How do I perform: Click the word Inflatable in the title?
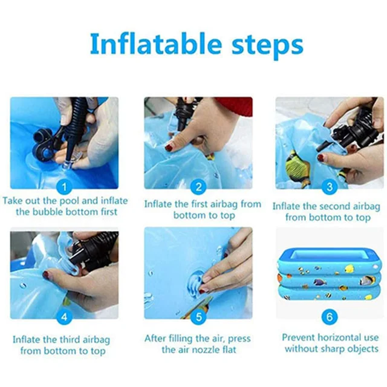pyautogui.click(x=156, y=44)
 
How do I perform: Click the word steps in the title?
pyautogui.click(x=267, y=46)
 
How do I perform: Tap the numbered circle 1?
pyautogui.click(x=64, y=187)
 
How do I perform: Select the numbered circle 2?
pyautogui.click(x=198, y=187)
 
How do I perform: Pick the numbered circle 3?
pyautogui.click(x=330, y=187)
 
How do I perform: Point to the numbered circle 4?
pyautogui.click(x=64, y=317)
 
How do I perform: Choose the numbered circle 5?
pyautogui.click(x=198, y=317)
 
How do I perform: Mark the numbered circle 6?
pyautogui.click(x=330, y=317)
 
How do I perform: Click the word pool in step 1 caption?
pyautogui.click(x=70, y=201)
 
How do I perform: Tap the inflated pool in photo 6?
pyautogui.click(x=329, y=275)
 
